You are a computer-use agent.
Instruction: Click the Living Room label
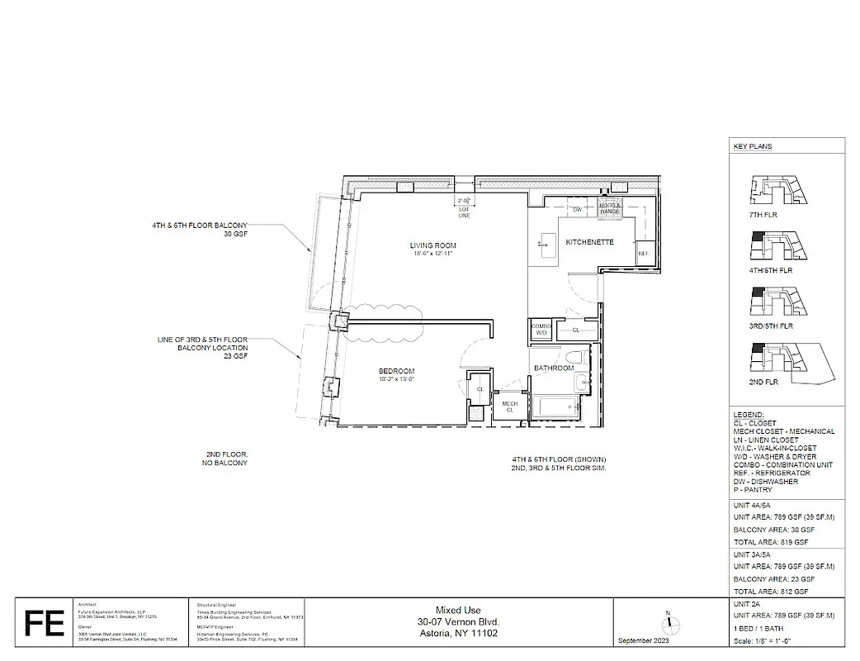pos(432,245)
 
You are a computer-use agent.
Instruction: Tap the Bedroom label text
pos(396,371)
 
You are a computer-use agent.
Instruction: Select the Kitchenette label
pos(589,242)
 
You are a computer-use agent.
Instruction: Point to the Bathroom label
pos(553,368)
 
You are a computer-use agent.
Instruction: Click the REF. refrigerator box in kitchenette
pos(643,253)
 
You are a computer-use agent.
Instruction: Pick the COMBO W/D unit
pos(541,329)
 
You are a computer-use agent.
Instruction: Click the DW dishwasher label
pos(578,210)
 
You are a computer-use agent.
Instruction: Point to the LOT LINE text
pos(464,212)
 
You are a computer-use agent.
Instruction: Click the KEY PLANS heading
pos(753,146)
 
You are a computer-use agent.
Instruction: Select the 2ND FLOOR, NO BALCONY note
pos(227,459)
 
